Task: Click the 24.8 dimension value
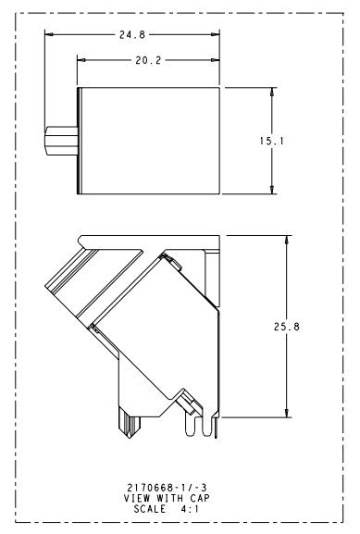(x=132, y=35)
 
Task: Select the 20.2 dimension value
(x=148, y=61)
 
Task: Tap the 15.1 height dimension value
(x=271, y=141)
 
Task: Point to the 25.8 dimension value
(x=287, y=327)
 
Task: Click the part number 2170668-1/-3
(x=167, y=488)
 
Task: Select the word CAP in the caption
(x=200, y=498)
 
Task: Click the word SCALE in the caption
(x=150, y=509)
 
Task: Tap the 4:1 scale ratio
(x=190, y=509)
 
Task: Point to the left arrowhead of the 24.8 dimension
(x=49, y=34)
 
